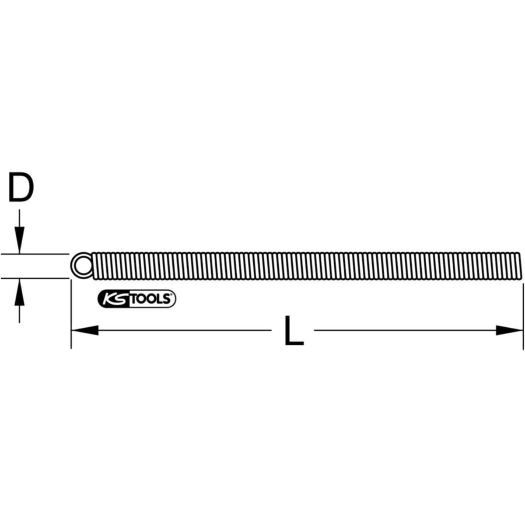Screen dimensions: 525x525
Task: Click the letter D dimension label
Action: pos(21,187)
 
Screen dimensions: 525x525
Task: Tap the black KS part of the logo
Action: pos(113,299)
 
